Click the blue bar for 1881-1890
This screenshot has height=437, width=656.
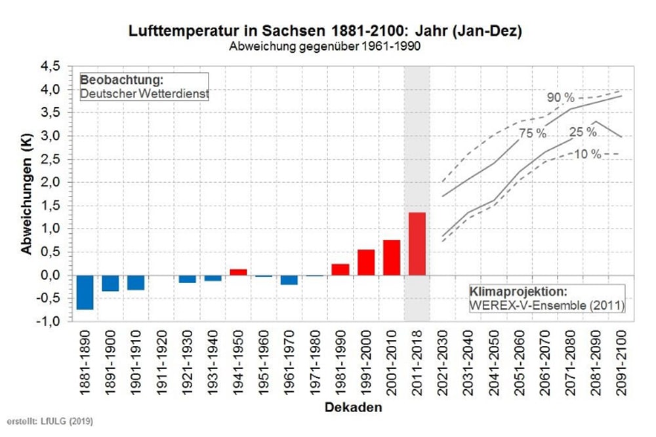(x=85, y=292)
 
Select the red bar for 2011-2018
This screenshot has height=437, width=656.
(x=417, y=244)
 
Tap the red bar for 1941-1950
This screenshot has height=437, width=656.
(x=238, y=272)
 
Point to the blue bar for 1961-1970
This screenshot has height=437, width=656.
(x=289, y=280)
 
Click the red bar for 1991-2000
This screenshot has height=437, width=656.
(x=366, y=262)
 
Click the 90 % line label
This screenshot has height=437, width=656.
(x=561, y=98)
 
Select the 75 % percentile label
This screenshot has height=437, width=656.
(x=533, y=133)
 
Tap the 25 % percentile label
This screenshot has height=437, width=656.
(x=583, y=132)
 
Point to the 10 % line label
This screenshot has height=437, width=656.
(x=587, y=154)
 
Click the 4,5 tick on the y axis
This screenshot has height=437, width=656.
(x=51, y=66)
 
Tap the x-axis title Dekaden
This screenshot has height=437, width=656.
(x=353, y=408)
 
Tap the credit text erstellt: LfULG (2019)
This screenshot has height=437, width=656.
(x=46, y=420)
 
